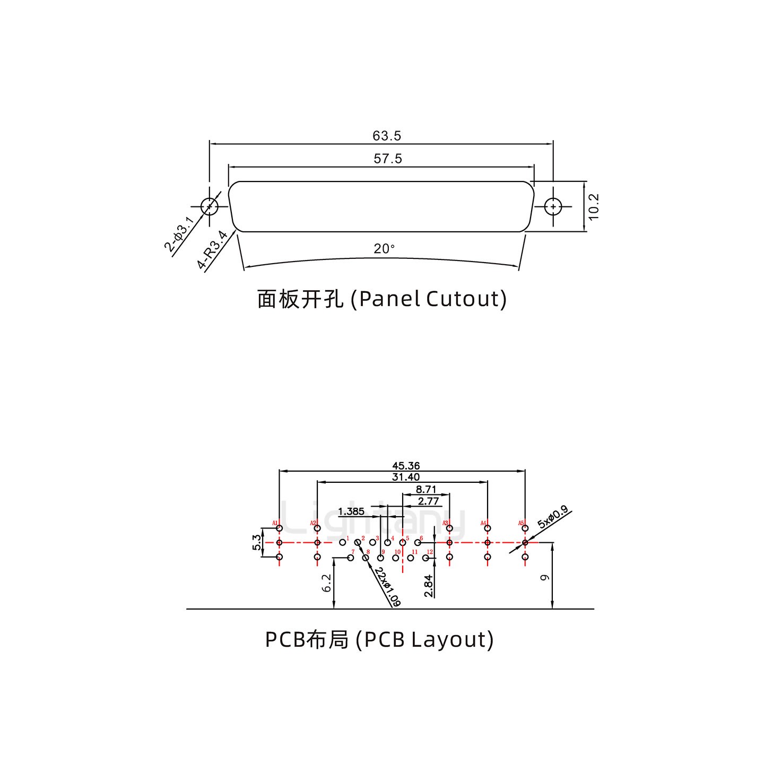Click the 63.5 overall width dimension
(x=386, y=136)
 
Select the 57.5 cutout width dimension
(x=388, y=158)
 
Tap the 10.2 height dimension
(x=593, y=206)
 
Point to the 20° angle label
(x=384, y=248)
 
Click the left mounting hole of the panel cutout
(x=209, y=206)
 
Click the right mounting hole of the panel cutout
(x=553, y=206)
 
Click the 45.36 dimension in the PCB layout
(x=406, y=466)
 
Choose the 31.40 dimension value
(x=406, y=477)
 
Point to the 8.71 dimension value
(x=426, y=489)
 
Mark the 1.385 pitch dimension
(x=351, y=511)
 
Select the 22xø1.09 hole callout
(x=387, y=587)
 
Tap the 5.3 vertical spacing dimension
(x=257, y=542)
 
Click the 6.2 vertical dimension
(x=327, y=583)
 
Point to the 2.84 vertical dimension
(x=429, y=586)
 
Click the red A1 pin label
(x=275, y=524)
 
